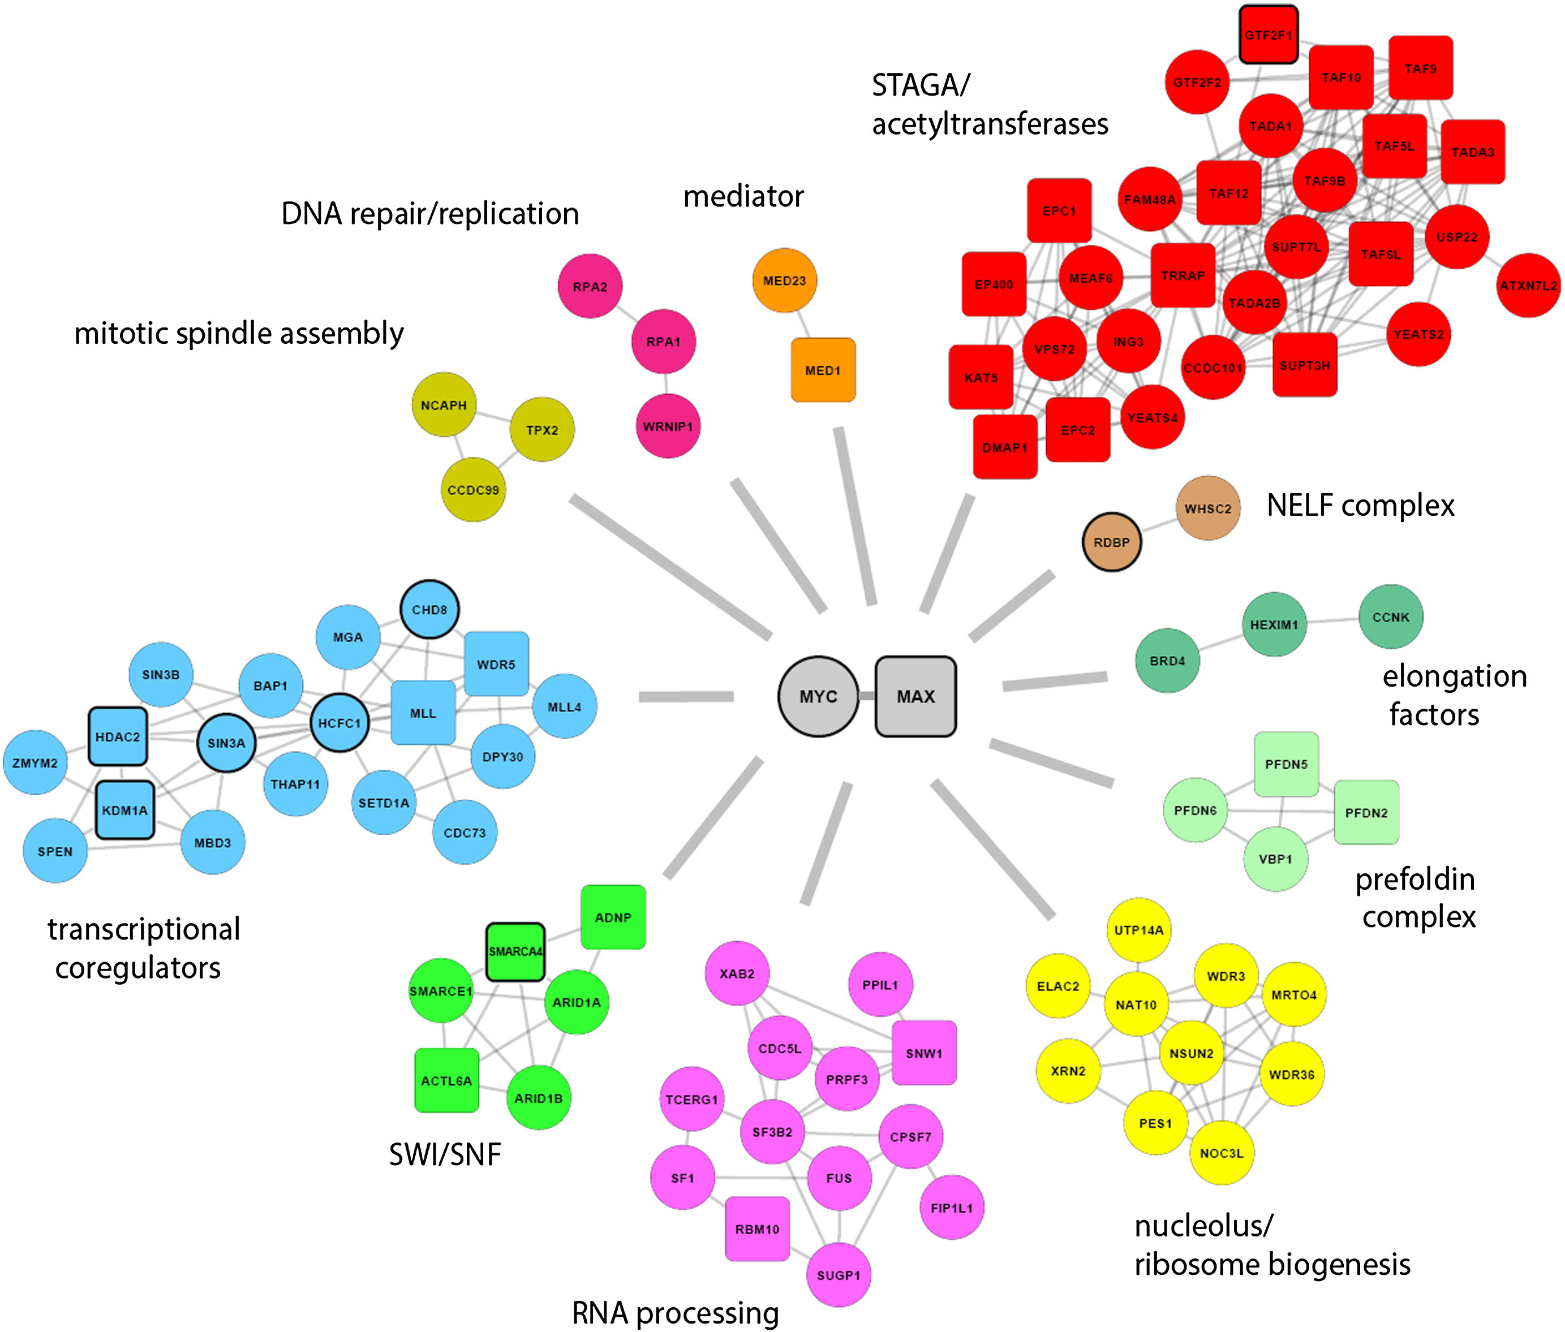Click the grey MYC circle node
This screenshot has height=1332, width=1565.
818,696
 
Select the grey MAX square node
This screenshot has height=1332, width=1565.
915,696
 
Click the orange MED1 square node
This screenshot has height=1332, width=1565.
823,370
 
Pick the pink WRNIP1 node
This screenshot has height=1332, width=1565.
668,426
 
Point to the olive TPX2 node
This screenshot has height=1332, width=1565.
541,430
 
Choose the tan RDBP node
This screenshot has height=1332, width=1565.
1111,542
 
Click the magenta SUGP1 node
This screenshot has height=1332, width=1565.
839,1275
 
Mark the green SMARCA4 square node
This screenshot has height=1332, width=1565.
515,951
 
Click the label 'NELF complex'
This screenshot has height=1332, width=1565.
1360,505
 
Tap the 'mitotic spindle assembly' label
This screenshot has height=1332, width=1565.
239,333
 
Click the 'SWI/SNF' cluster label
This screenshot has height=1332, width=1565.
445,1154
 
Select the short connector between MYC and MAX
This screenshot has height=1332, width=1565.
867,696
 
